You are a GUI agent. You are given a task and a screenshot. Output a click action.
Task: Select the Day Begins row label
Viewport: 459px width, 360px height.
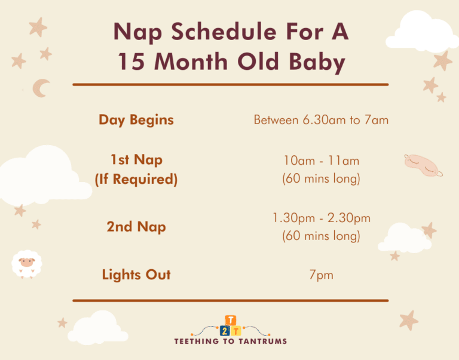136,119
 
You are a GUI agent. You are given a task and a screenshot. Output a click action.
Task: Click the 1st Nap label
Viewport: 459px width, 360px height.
136,160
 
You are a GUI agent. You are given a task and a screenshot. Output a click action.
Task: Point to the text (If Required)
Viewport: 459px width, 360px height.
136,179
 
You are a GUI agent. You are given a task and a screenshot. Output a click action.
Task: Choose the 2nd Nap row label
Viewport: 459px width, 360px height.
136,227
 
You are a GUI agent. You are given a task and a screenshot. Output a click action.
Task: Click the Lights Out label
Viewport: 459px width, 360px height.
136,275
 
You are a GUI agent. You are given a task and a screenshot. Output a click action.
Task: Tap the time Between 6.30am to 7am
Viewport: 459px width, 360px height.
321,120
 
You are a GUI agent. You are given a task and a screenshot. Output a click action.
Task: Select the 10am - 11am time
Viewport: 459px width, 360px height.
321,160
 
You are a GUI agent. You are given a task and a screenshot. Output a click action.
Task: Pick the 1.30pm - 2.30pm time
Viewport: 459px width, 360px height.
321,218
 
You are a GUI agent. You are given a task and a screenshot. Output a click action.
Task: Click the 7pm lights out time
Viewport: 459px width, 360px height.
321,275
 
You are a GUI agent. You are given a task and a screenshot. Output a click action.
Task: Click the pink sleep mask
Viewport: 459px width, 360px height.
423,164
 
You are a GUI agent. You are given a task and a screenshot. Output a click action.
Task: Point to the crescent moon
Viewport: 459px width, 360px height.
41,88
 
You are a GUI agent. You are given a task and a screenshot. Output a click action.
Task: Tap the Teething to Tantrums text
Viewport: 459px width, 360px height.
230,341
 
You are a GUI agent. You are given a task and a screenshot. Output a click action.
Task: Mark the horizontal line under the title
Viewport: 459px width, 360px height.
230,85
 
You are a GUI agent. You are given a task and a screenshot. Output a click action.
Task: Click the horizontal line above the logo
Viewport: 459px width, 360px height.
230,300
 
